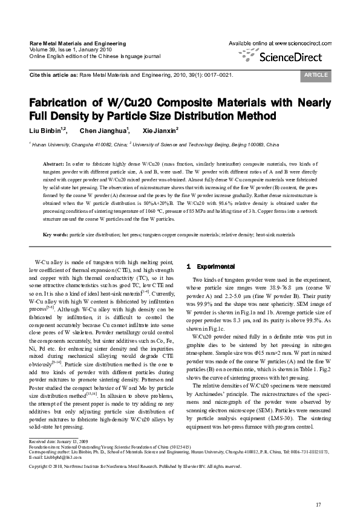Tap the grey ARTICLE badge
point(315,75)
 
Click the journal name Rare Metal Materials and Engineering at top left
point(77,44)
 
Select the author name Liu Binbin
point(45,130)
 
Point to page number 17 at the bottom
point(319,488)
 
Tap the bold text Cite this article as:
point(53,75)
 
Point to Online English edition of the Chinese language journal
point(95,55)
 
